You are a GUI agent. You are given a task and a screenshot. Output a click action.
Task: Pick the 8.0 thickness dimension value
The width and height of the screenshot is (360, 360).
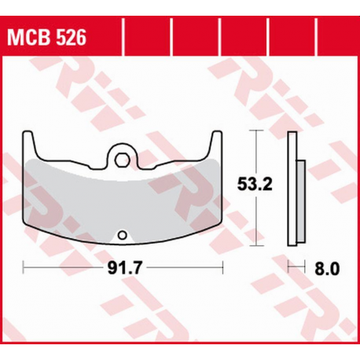click(x=327, y=268)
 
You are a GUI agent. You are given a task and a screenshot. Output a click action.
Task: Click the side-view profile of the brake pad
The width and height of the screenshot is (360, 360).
click(x=295, y=189)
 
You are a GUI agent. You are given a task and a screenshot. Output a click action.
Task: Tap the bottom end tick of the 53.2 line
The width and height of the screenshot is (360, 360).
click(x=255, y=243)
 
